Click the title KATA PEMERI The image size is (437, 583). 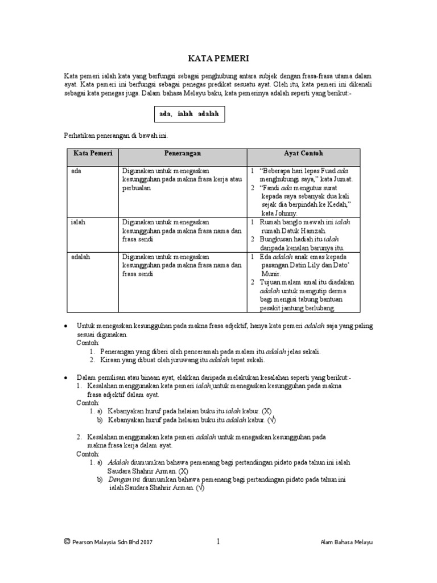218,58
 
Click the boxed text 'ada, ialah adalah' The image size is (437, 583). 190,114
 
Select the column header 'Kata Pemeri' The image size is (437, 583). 93,154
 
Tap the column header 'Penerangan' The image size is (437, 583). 183,154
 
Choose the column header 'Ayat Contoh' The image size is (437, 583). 303,154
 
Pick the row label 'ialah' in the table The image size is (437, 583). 78,222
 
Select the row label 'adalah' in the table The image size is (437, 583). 80,257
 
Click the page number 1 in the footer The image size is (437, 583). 218,542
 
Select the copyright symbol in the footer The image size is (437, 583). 67,543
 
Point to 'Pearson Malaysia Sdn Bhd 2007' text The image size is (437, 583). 112,543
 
